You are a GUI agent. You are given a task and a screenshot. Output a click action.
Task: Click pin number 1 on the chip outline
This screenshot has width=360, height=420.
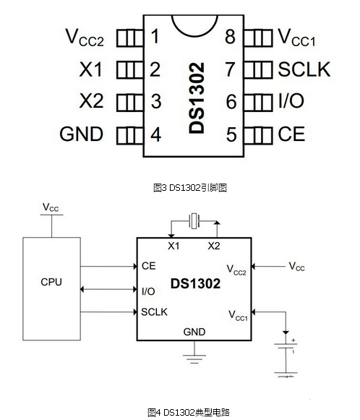[155, 36]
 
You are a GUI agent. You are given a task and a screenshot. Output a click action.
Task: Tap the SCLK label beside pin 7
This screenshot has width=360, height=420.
[304, 69]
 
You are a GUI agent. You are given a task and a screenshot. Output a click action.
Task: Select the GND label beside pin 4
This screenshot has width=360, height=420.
[82, 134]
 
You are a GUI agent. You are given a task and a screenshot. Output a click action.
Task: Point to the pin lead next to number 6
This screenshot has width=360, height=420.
[258, 102]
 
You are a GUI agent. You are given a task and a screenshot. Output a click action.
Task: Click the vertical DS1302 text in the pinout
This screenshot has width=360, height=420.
[197, 98]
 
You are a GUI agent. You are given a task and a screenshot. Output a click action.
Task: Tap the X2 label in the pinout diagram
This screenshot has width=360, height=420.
[91, 101]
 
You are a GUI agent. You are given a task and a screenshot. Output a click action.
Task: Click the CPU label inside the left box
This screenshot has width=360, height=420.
[51, 282]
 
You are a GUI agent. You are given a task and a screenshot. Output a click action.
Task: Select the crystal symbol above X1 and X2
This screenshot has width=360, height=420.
[194, 221]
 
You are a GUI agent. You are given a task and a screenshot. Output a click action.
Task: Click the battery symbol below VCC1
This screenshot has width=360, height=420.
[286, 346]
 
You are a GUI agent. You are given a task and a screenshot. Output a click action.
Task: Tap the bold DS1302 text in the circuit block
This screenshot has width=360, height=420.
[195, 283]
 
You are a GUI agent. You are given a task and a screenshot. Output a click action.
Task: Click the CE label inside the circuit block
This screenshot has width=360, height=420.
[149, 266]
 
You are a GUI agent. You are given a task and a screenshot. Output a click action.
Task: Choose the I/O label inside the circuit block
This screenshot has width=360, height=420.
[148, 291]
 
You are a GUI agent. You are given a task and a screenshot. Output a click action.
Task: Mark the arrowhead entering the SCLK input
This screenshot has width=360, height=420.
[135, 312]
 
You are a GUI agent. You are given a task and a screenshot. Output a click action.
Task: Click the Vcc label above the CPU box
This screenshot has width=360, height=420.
[51, 207]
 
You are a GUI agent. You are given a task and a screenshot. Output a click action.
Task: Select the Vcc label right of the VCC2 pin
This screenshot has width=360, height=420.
[297, 267]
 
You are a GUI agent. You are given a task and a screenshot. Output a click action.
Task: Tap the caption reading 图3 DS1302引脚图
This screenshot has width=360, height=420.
[190, 188]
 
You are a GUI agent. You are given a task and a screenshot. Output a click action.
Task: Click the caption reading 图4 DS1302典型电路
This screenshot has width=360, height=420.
[189, 412]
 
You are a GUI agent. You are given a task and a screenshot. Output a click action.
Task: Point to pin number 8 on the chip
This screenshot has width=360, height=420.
[230, 37]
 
